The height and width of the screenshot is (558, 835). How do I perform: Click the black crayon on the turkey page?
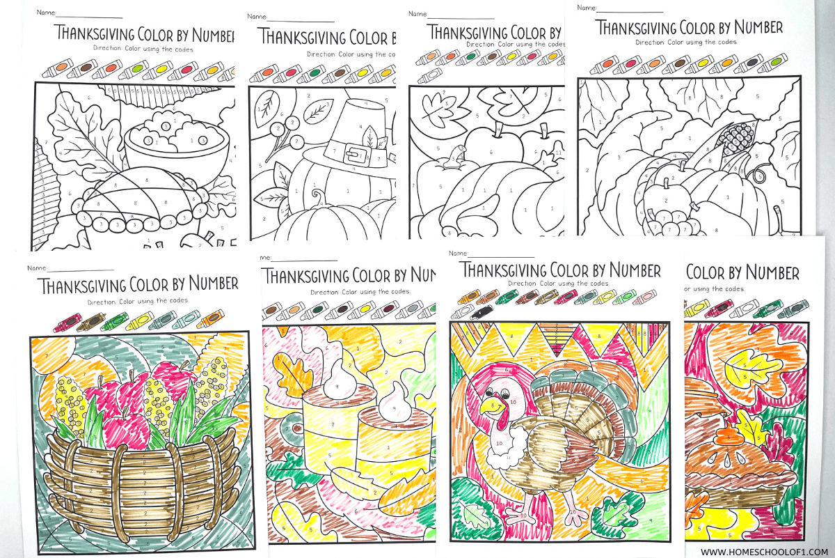pos(482,313)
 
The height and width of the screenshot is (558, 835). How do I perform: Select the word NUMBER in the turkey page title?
pos(624,270)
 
